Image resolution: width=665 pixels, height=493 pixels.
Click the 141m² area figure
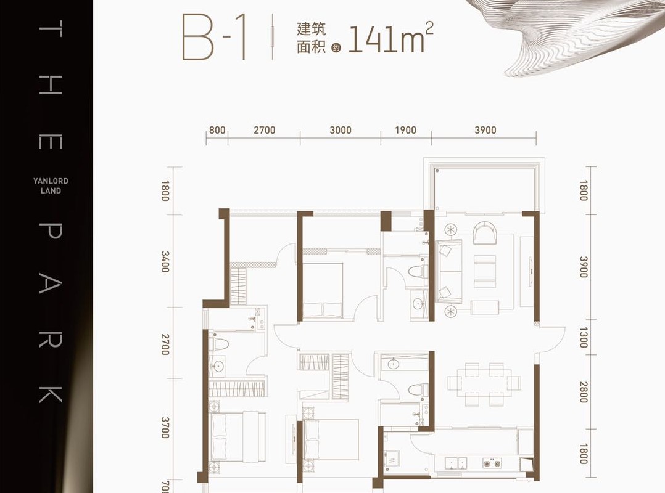(390, 39)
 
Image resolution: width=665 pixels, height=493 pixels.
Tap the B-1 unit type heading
(214, 37)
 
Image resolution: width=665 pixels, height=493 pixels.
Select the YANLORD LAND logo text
(51, 185)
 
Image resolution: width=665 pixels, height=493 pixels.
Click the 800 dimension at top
(217, 130)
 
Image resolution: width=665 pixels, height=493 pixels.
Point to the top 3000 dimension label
(341, 130)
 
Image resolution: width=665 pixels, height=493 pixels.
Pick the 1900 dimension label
(405, 130)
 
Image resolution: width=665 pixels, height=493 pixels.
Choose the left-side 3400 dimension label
(165, 262)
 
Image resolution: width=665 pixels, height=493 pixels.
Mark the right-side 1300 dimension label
(584, 337)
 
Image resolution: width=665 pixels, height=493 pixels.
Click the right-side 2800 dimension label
(584, 392)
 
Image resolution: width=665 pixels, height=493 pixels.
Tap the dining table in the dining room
(484, 383)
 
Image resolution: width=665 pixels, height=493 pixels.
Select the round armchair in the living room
(485, 234)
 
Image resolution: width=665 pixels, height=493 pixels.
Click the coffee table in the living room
(485, 272)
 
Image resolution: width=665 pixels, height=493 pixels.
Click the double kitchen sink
(456, 463)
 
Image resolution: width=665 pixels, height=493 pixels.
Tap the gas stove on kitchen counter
(492, 463)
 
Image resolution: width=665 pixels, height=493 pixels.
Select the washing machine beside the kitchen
(392, 458)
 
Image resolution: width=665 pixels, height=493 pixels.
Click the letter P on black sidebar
(51, 231)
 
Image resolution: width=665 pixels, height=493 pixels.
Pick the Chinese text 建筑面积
(312, 38)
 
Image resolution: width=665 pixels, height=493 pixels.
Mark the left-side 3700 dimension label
(165, 428)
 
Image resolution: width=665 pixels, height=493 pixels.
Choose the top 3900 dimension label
(485, 130)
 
